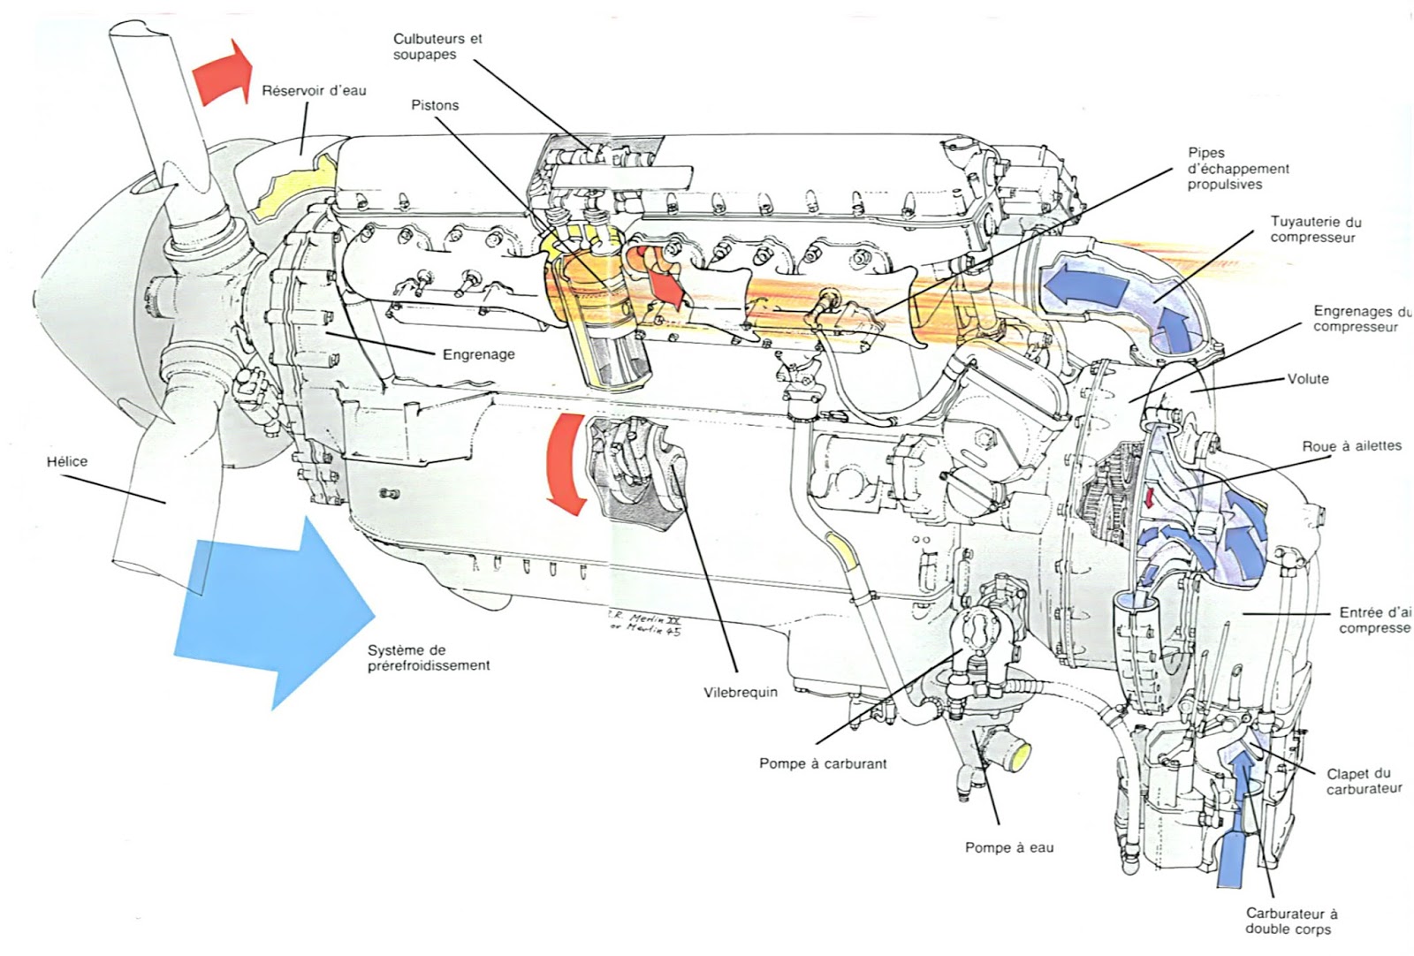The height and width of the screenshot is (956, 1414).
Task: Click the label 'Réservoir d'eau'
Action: [x=314, y=90]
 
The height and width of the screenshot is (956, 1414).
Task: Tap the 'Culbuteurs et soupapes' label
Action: [x=438, y=47]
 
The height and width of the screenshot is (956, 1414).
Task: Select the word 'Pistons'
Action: [x=435, y=105]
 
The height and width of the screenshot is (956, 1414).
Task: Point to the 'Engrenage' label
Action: [x=478, y=354]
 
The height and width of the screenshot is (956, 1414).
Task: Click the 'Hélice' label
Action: [x=68, y=461]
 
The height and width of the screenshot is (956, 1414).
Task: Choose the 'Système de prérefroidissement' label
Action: [x=429, y=657]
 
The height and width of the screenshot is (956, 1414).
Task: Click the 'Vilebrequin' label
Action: [x=741, y=692]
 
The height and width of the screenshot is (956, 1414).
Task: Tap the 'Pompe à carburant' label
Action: [x=822, y=763]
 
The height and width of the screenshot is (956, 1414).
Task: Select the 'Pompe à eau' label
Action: [x=1009, y=847]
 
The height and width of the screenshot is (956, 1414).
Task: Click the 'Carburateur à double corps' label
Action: [x=1291, y=921]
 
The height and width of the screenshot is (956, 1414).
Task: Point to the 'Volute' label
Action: [x=1308, y=379]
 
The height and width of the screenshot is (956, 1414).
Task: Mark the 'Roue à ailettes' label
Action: [x=1351, y=445]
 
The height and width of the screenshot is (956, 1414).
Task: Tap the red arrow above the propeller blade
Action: [x=223, y=72]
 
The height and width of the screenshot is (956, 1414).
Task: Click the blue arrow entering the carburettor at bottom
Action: [x=1235, y=831]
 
